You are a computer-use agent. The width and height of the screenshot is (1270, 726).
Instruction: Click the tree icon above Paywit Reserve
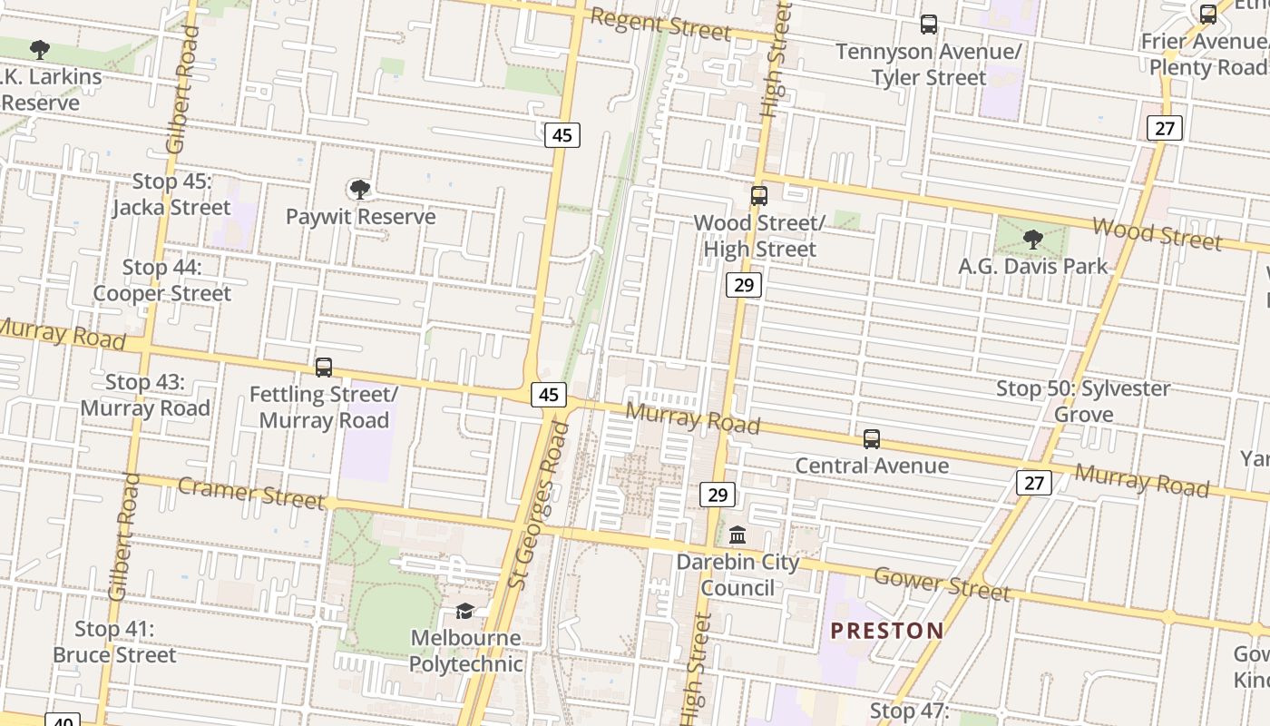click(x=360, y=190)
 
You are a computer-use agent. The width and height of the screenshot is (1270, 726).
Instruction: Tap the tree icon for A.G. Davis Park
click(x=1032, y=240)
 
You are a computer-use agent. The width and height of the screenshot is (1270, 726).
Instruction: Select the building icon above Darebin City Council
click(x=738, y=535)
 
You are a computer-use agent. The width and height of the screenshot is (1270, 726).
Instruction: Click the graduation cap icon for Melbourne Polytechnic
click(x=465, y=611)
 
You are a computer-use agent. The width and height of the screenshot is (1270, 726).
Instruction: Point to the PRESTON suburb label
click(x=887, y=631)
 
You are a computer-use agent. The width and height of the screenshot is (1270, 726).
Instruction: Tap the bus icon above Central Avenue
click(x=872, y=439)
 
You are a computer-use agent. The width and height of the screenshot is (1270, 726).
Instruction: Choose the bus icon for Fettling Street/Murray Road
click(x=324, y=368)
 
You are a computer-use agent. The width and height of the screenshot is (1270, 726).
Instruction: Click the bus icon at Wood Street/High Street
click(x=759, y=196)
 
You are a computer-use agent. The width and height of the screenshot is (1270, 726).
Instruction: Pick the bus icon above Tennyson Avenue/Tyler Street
click(x=929, y=25)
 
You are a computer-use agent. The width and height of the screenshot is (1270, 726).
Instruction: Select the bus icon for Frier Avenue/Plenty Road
click(x=1208, y=15)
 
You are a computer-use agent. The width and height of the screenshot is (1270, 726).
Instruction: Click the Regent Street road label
click(x=659, y=25)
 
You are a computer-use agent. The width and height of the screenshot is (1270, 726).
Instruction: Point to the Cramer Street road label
click(x=250, y=493)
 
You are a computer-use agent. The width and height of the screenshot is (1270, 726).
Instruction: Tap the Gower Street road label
click(x=941, y=584)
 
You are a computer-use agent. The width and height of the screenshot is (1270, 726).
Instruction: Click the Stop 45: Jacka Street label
click(x=171, y=194)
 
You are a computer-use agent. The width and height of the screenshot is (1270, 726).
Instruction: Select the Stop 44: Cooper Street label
click(x=162, y=280)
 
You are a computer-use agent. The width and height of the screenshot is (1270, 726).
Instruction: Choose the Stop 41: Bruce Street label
click(x=114, y=642)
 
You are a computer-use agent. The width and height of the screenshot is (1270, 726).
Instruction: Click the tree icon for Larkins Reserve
click(x=39, y=50)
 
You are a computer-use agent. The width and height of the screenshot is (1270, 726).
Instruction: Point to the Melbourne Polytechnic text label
click(x=465, y=651)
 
